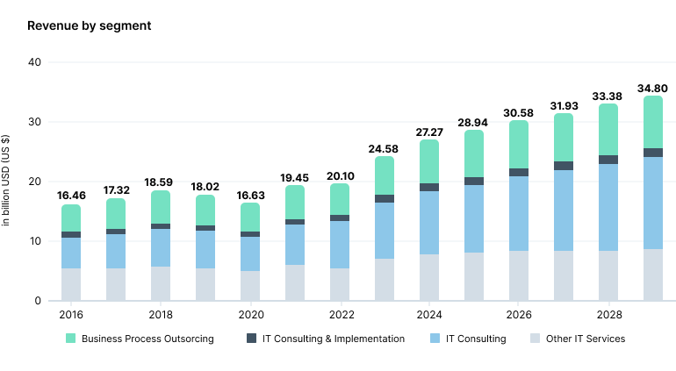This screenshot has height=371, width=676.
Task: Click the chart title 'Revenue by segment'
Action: [x=89, y=25]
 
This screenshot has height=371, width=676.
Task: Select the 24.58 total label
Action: [x=385, y=148]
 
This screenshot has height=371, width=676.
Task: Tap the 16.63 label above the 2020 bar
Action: [x=250, y=196]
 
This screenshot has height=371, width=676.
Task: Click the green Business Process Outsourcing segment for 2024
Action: [x=429, y=161]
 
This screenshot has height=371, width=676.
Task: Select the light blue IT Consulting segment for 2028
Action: [x=608, y=207]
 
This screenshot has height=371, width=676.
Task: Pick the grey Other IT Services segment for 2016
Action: [x=71, y=284]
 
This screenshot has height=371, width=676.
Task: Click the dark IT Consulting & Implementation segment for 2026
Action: [x=519, y=172]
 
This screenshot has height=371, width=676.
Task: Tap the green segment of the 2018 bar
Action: [x=161, y=207]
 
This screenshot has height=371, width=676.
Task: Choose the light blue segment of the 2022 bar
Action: [x=340, y=244]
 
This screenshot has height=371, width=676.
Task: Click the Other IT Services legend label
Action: [x=586, y=339]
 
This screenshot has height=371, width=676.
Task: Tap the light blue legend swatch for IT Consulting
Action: [x=436, y=339]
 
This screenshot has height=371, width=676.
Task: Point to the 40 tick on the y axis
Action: [x=34, y=62]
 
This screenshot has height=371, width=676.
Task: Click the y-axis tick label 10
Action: [x=34, y=241]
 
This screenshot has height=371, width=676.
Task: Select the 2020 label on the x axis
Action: [x=250, y=314]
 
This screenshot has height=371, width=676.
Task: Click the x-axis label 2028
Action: [x=608, y=314]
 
